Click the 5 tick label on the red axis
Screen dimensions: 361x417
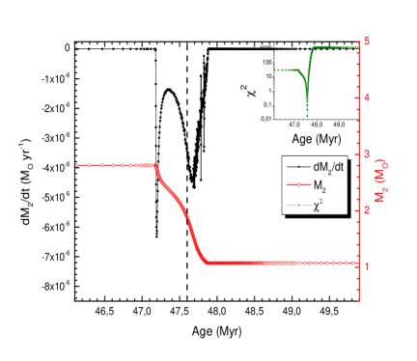coord(367,42)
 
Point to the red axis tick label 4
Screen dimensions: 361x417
coord(367,97)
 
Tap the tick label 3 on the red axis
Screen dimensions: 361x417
coord(367,153)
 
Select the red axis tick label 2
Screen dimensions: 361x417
coord(367,209)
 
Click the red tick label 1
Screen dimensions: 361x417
coord(367,266)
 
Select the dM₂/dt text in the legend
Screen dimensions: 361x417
coord(329,167)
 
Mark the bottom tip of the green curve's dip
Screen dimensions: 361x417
coord(307,117)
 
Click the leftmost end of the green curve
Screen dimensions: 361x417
coord(275,69)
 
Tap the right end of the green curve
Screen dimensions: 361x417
coord(356,46)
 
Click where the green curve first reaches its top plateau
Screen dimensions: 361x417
coord(314,46)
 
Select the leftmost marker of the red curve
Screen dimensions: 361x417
coord(77,165)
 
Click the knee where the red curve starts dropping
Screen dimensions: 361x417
coord(156,166)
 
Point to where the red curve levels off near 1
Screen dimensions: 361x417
coord(208,263)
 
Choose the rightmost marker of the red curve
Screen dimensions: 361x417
coord(354,263)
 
